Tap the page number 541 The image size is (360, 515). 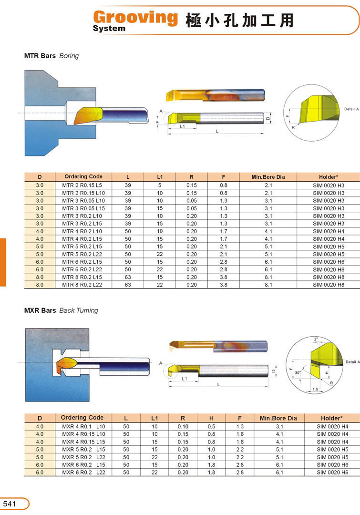coord(9,504)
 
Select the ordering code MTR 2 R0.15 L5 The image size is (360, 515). coord(82,185)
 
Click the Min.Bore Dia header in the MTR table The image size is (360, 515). coord(268,177)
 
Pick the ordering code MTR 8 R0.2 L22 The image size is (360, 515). coord(82,285)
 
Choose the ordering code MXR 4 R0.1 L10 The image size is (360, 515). coord(84,427)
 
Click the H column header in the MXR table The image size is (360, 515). coord(211,419)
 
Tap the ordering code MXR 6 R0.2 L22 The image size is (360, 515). coord(84,472)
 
